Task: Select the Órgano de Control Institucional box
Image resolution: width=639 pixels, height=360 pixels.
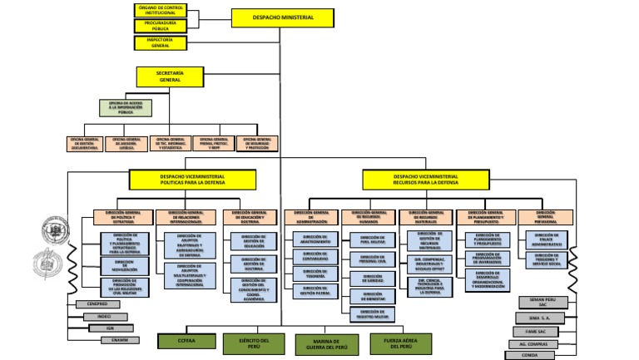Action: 160,10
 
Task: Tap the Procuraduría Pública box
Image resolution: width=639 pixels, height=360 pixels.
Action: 160,27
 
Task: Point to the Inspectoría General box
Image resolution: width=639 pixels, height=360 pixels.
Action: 160,42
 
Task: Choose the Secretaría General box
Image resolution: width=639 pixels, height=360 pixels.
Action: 170,76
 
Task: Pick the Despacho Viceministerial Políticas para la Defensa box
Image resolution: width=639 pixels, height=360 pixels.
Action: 192,180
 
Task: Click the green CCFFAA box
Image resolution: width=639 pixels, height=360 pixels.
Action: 186,341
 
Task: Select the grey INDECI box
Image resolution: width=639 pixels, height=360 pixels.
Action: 104,316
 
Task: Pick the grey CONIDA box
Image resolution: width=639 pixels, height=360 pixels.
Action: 534,355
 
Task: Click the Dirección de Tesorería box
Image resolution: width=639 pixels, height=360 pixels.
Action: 315,273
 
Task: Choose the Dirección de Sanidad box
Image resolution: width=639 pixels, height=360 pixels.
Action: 372,279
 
